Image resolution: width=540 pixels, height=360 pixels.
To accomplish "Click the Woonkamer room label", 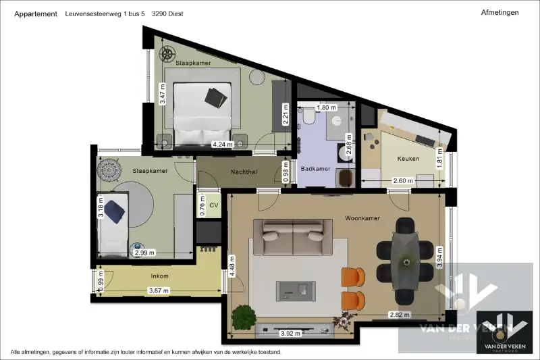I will pos(362,218).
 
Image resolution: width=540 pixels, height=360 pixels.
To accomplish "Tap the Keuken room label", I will pos(408,159).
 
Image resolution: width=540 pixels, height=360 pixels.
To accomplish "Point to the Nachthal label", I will pos(243,172).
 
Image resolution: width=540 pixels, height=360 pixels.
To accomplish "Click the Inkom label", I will pos(159,276).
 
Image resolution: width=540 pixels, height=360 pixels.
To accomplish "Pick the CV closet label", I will pos(215,205).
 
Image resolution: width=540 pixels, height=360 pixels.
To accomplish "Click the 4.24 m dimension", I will pos(222,144).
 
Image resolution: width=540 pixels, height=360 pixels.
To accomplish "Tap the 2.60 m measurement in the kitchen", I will pos(403,180).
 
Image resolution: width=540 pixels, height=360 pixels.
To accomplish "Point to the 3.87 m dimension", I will pos(159,290).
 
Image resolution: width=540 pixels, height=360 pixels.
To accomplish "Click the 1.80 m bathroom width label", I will pos(326,107).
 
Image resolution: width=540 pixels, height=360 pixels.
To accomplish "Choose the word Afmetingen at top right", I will pos(500,12).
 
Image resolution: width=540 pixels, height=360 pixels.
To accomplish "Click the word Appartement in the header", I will pos(36,14).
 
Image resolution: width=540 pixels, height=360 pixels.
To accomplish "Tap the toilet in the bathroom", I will pos(308,118).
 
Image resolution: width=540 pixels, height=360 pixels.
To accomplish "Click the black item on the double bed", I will pos(217,96).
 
